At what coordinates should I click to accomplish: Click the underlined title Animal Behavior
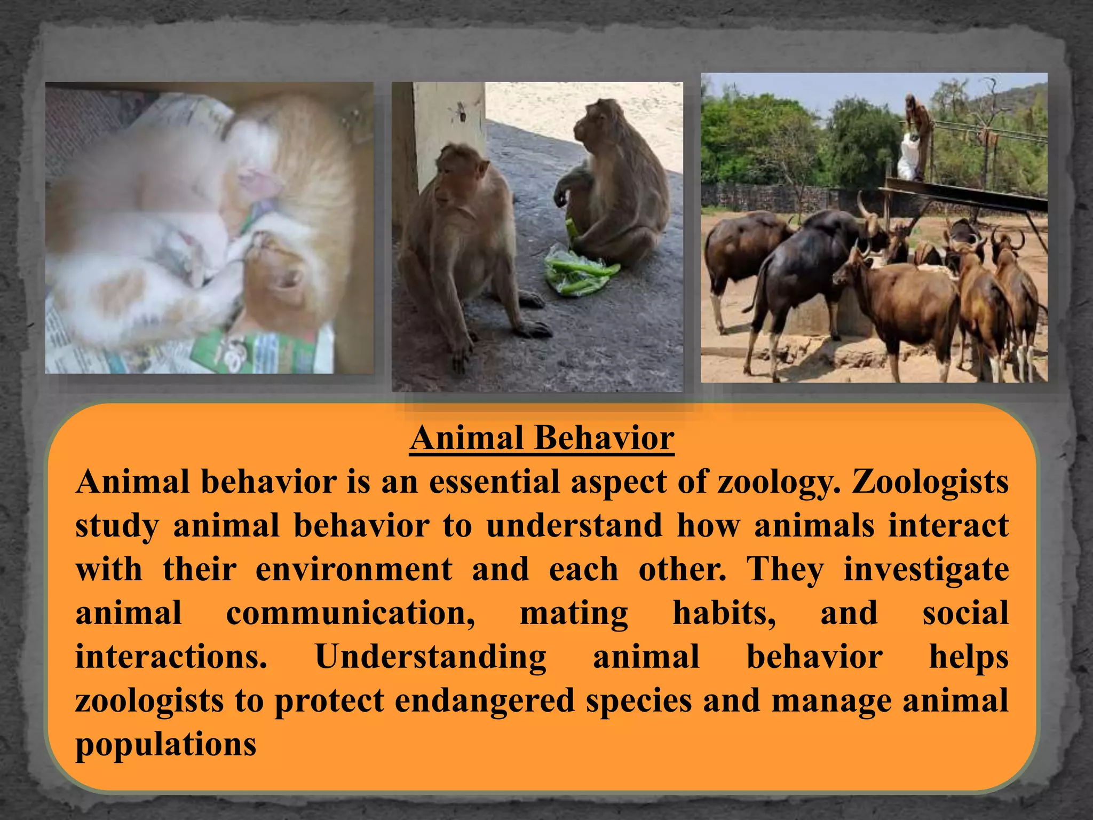tap(542, 439)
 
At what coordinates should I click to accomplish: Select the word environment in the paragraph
tap(354, 569)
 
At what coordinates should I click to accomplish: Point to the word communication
tap(350, 613)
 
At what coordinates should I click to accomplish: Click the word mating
tap(574, 613)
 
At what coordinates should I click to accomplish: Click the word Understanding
tap(430, 657)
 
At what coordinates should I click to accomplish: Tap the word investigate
tap(926, 569)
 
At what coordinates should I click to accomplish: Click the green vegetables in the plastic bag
tap(579, 270)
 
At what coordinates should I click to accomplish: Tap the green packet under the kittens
tap(251, 350)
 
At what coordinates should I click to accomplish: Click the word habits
tap(724, 613)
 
